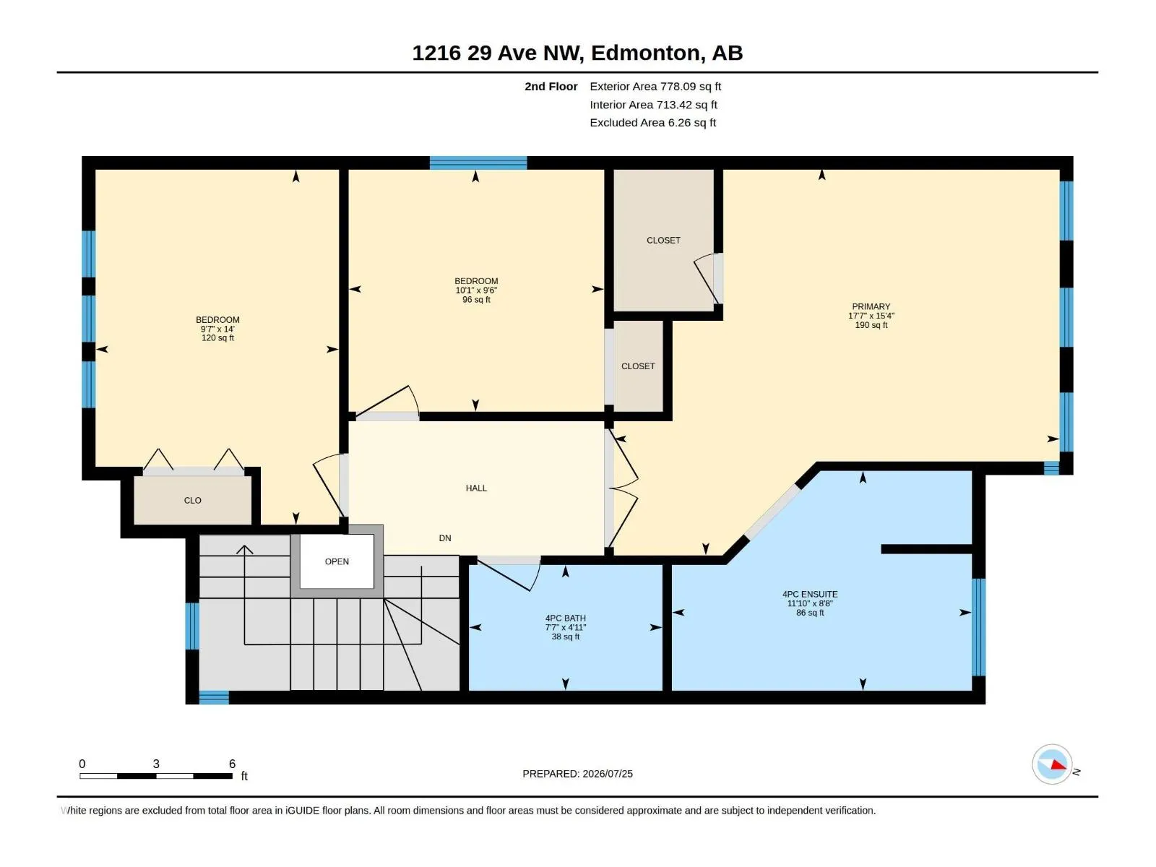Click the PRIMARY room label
871,306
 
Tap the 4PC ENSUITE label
809,594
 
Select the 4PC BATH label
565,618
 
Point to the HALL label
476,488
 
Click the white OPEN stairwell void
337,561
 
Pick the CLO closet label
192,500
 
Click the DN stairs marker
445,538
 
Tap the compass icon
1052,764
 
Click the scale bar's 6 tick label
232,763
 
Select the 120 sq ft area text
217,338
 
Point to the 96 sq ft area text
476,300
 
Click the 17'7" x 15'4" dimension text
871,316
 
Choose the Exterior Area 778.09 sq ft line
655,86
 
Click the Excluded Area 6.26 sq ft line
652,123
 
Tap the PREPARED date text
577,774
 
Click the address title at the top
577,53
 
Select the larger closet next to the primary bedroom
663,240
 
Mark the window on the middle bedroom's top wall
478,163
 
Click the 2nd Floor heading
551,86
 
